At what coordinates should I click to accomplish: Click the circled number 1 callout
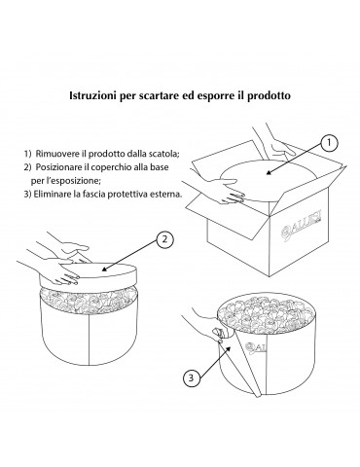click(x=329, y=143)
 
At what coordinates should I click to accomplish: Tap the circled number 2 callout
click(x=164, y=239)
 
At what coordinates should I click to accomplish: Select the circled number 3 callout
click(x=191, y=377)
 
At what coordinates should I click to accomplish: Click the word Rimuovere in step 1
click(x=52, y=154)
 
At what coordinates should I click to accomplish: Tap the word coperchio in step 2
click(x=111, y=167)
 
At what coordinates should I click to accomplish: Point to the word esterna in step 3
click(x=169, y=195)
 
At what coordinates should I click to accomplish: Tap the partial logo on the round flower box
click(x=256, y=347)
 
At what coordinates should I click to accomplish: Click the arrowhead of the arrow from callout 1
click(x=270, y=173)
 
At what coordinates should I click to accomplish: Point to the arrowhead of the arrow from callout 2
click(x=105, y=269)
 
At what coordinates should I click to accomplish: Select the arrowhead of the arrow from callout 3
click(x=229, y=349)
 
